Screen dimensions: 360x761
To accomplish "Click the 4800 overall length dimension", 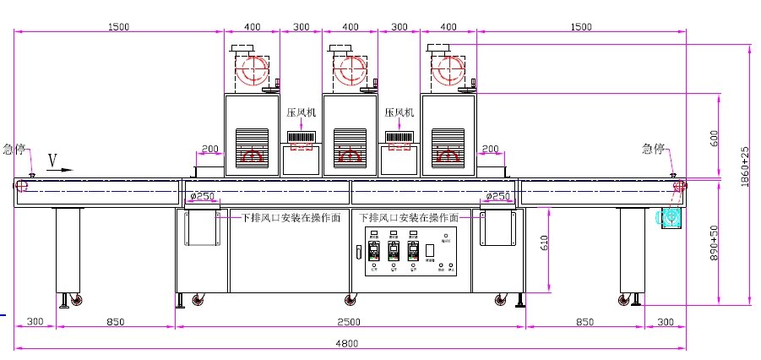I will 350,342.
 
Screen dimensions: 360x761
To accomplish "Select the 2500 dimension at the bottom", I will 350,322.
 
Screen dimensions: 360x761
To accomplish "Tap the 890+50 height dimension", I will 715,243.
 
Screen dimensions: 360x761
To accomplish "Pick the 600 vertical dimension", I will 714,138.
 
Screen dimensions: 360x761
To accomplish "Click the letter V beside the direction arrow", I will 52,159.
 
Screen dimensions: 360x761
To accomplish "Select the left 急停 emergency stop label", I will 14,149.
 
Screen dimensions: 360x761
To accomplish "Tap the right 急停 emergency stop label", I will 653,149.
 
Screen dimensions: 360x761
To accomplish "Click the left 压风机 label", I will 302,112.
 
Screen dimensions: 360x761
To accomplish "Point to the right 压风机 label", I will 400,112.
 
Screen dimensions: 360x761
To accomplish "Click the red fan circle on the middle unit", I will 348,71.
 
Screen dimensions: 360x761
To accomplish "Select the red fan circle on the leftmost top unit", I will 250,71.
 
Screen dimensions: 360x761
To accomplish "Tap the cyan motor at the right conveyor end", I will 671,215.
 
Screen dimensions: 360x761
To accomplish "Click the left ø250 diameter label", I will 204,197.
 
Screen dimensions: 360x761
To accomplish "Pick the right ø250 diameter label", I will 498,197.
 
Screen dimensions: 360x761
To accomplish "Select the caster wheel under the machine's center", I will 350,300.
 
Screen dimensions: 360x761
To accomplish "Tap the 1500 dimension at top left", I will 118,27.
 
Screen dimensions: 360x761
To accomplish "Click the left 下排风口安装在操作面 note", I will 289,217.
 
